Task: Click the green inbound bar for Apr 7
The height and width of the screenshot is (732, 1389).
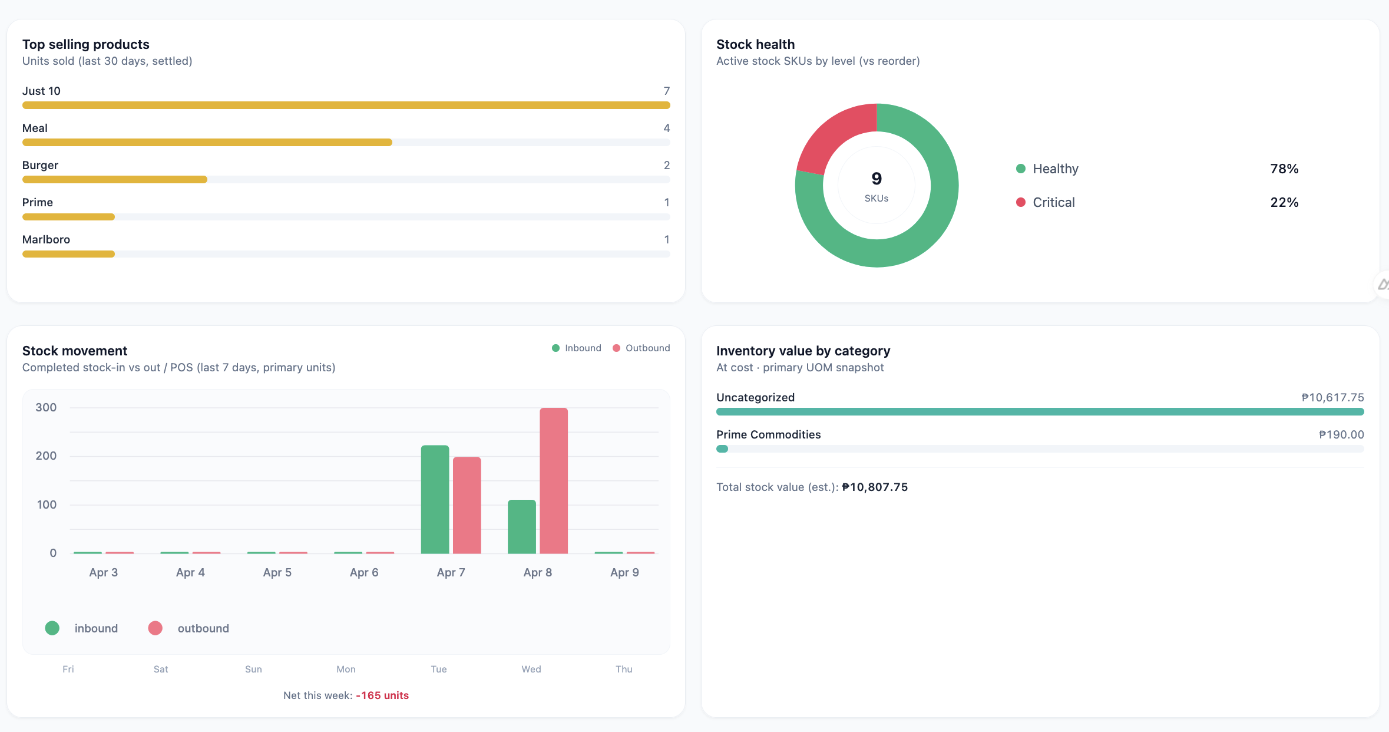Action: coord(435,499)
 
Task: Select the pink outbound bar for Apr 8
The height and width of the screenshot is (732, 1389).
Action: coord(554,480)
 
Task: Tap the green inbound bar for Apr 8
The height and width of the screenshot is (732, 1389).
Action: coord(522,526)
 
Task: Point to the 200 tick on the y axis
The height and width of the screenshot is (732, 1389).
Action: coord(46,456)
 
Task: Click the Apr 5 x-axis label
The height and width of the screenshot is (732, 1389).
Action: coord(277,572)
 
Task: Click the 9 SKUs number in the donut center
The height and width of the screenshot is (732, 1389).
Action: coord(877,179)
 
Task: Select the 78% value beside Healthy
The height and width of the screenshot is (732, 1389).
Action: coord(1284,169)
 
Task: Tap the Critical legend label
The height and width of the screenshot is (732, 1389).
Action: coord(1053,202)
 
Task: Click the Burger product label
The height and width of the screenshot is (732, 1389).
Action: coord(40,165)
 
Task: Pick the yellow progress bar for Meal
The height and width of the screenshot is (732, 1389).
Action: coord(207,143)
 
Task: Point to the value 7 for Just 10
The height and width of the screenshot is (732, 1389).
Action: coord(666,91)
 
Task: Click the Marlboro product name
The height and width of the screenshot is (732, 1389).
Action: coord(46,239)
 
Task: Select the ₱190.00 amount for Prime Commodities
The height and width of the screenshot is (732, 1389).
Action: coord(1341,434)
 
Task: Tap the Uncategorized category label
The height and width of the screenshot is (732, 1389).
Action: coord(755,397)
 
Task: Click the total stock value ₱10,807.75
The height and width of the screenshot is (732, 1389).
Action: coord(875,487)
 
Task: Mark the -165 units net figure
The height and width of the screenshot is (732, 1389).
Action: coord(382,695)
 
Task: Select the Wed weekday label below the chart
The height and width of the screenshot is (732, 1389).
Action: coord(531,669)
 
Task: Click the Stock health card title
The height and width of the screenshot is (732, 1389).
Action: coord(755,44)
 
